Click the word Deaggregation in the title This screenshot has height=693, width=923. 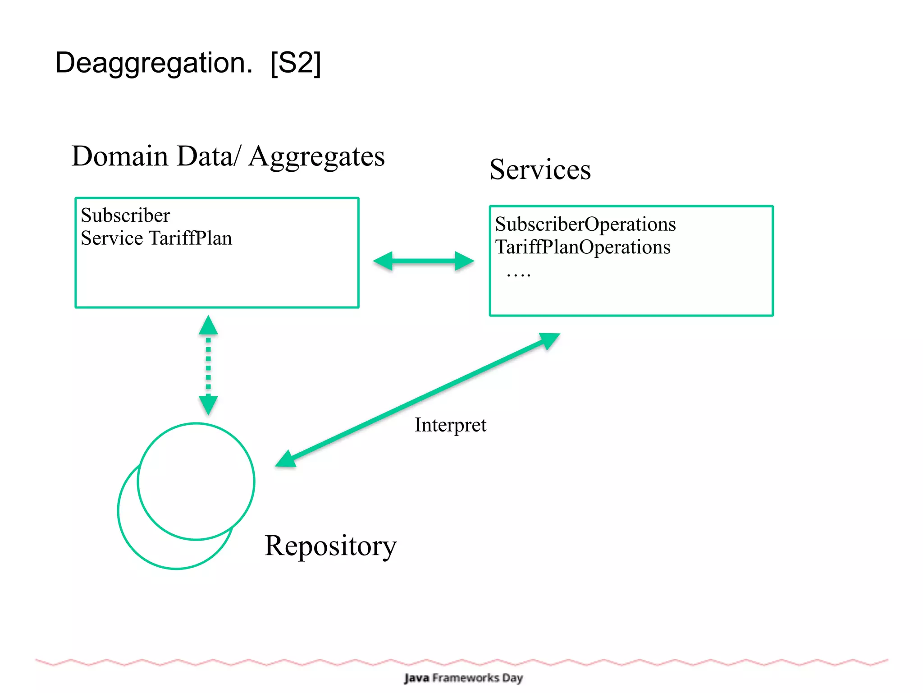153,63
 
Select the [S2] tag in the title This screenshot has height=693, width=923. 295,63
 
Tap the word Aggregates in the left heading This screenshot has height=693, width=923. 316,157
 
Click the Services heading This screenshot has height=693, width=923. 540,170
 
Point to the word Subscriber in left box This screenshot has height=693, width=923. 125,216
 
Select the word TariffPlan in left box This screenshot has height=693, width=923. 191,238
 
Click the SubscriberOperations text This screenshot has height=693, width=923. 585,224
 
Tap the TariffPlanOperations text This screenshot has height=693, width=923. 582,247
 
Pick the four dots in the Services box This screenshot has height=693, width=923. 518,274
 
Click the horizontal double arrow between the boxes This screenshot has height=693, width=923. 424,261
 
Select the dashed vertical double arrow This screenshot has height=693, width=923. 208,365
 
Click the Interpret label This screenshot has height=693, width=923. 450,425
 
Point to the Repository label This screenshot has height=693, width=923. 330,546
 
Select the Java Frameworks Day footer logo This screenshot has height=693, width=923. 463,678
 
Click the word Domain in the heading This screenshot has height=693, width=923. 120,156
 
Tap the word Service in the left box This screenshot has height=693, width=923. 112,238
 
